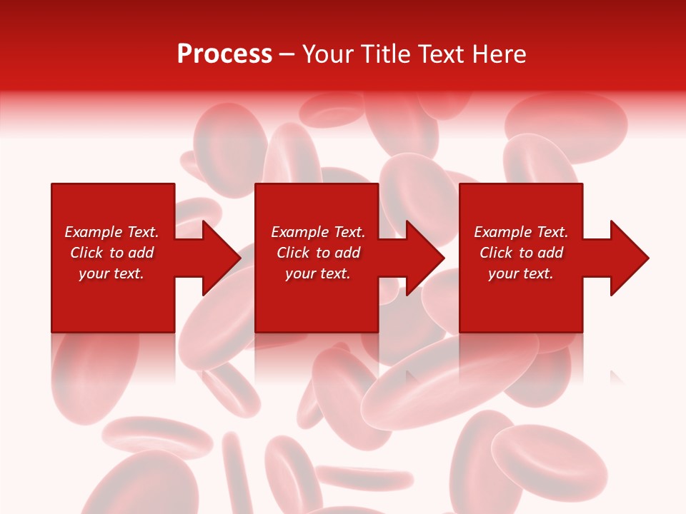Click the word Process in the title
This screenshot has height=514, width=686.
(x=224, y=54)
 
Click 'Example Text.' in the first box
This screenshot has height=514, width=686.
(x=111, y=232)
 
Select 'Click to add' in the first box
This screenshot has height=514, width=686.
(x=111, y=253)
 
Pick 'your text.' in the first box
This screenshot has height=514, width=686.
(x=111, y=273)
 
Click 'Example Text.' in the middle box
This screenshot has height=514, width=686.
(x=318, y=232)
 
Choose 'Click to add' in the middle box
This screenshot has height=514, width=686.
(x=318, y=253)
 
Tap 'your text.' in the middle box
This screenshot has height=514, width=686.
(x=318, y=273)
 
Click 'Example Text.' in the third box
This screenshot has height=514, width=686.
(x=521, y=232)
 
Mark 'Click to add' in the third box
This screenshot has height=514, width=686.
(x=521, y=253)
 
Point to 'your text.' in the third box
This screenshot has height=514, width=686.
(x=521, y=273)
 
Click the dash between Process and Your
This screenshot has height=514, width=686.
(x=287, y=55)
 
